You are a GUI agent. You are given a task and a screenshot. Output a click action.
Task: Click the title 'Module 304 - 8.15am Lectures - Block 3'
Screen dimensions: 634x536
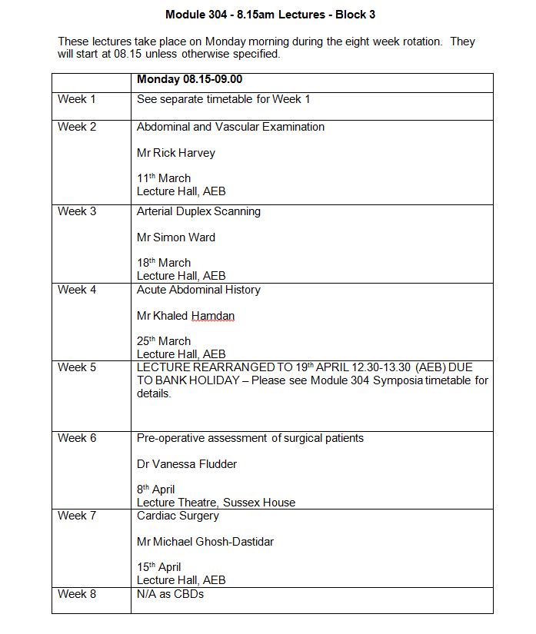pyautogui.click(x=270, y=15)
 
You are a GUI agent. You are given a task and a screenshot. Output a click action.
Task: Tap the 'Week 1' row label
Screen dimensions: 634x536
pyautogui.click(x=77, y=99)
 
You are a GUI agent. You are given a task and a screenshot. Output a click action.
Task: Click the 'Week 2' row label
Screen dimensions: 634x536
pyautogui.click(x=77, y=127)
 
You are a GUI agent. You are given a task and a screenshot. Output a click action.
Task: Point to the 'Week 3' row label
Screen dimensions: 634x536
pyautogui.click(x=77, y=211)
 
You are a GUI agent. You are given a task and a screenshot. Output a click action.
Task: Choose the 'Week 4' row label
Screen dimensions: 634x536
pyautogui.click(x=77, y=290)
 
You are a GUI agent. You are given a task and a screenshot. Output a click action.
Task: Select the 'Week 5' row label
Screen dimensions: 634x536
pyautogui.click(x=77, y=367)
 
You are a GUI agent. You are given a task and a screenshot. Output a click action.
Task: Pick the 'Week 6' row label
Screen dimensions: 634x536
pyautogui.click(x=77, y=438)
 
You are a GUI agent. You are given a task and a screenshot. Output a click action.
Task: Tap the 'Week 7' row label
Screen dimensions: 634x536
pyautogui.click(x=77, y=516)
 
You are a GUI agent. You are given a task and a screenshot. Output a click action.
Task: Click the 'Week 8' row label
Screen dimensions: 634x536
pyautogui.click(x=77, y=594)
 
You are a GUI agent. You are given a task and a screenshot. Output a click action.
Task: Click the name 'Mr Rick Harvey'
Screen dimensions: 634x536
pyautogui.click(x=176, y=153)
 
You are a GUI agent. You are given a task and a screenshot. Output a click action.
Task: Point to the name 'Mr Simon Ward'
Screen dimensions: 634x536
pyautogui.click(x=176, y=237)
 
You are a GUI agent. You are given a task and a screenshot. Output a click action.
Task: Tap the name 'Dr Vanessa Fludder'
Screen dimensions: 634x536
pyautogui.click(x=187, y=464)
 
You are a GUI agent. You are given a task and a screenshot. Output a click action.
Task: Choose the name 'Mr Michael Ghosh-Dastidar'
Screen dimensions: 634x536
pyautogui.click(x=205, y=542)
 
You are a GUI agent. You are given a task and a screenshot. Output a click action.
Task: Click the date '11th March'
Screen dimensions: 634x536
pyautogui.click(x=164, y=178)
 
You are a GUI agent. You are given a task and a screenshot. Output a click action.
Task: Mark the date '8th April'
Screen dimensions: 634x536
pyautogui.click(x=156, y=490)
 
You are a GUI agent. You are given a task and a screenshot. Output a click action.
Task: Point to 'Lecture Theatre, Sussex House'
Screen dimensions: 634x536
pyautogui.click(x=216, y=503)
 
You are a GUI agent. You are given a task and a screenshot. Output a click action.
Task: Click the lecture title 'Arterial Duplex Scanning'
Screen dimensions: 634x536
pyautogui.click(x=199, y=211)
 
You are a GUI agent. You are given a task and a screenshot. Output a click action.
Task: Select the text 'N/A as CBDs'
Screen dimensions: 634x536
pyautogui.click(x=170, y=594)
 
